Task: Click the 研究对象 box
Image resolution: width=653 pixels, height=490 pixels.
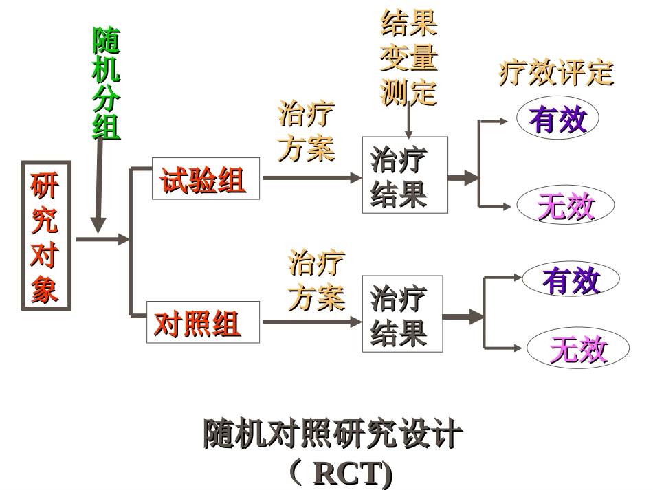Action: coord(45,235)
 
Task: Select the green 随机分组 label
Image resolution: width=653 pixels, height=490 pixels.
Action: coord(107,84)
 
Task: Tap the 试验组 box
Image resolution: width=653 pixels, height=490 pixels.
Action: coord(206,179)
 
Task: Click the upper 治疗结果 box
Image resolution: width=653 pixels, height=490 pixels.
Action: coord(404,175)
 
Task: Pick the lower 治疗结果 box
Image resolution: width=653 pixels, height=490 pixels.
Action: coord(402,314)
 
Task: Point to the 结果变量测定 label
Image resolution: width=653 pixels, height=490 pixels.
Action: coord(409,58)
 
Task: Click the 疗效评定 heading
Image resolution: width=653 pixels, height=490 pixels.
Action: coord(555,72)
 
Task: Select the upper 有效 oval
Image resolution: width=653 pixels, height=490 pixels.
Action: coord(557,119)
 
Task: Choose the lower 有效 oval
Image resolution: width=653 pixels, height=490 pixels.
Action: coord(571,279)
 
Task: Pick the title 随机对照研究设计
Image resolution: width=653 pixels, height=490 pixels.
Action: coord(332,434)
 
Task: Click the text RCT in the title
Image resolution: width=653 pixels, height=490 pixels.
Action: coord(347,474)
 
